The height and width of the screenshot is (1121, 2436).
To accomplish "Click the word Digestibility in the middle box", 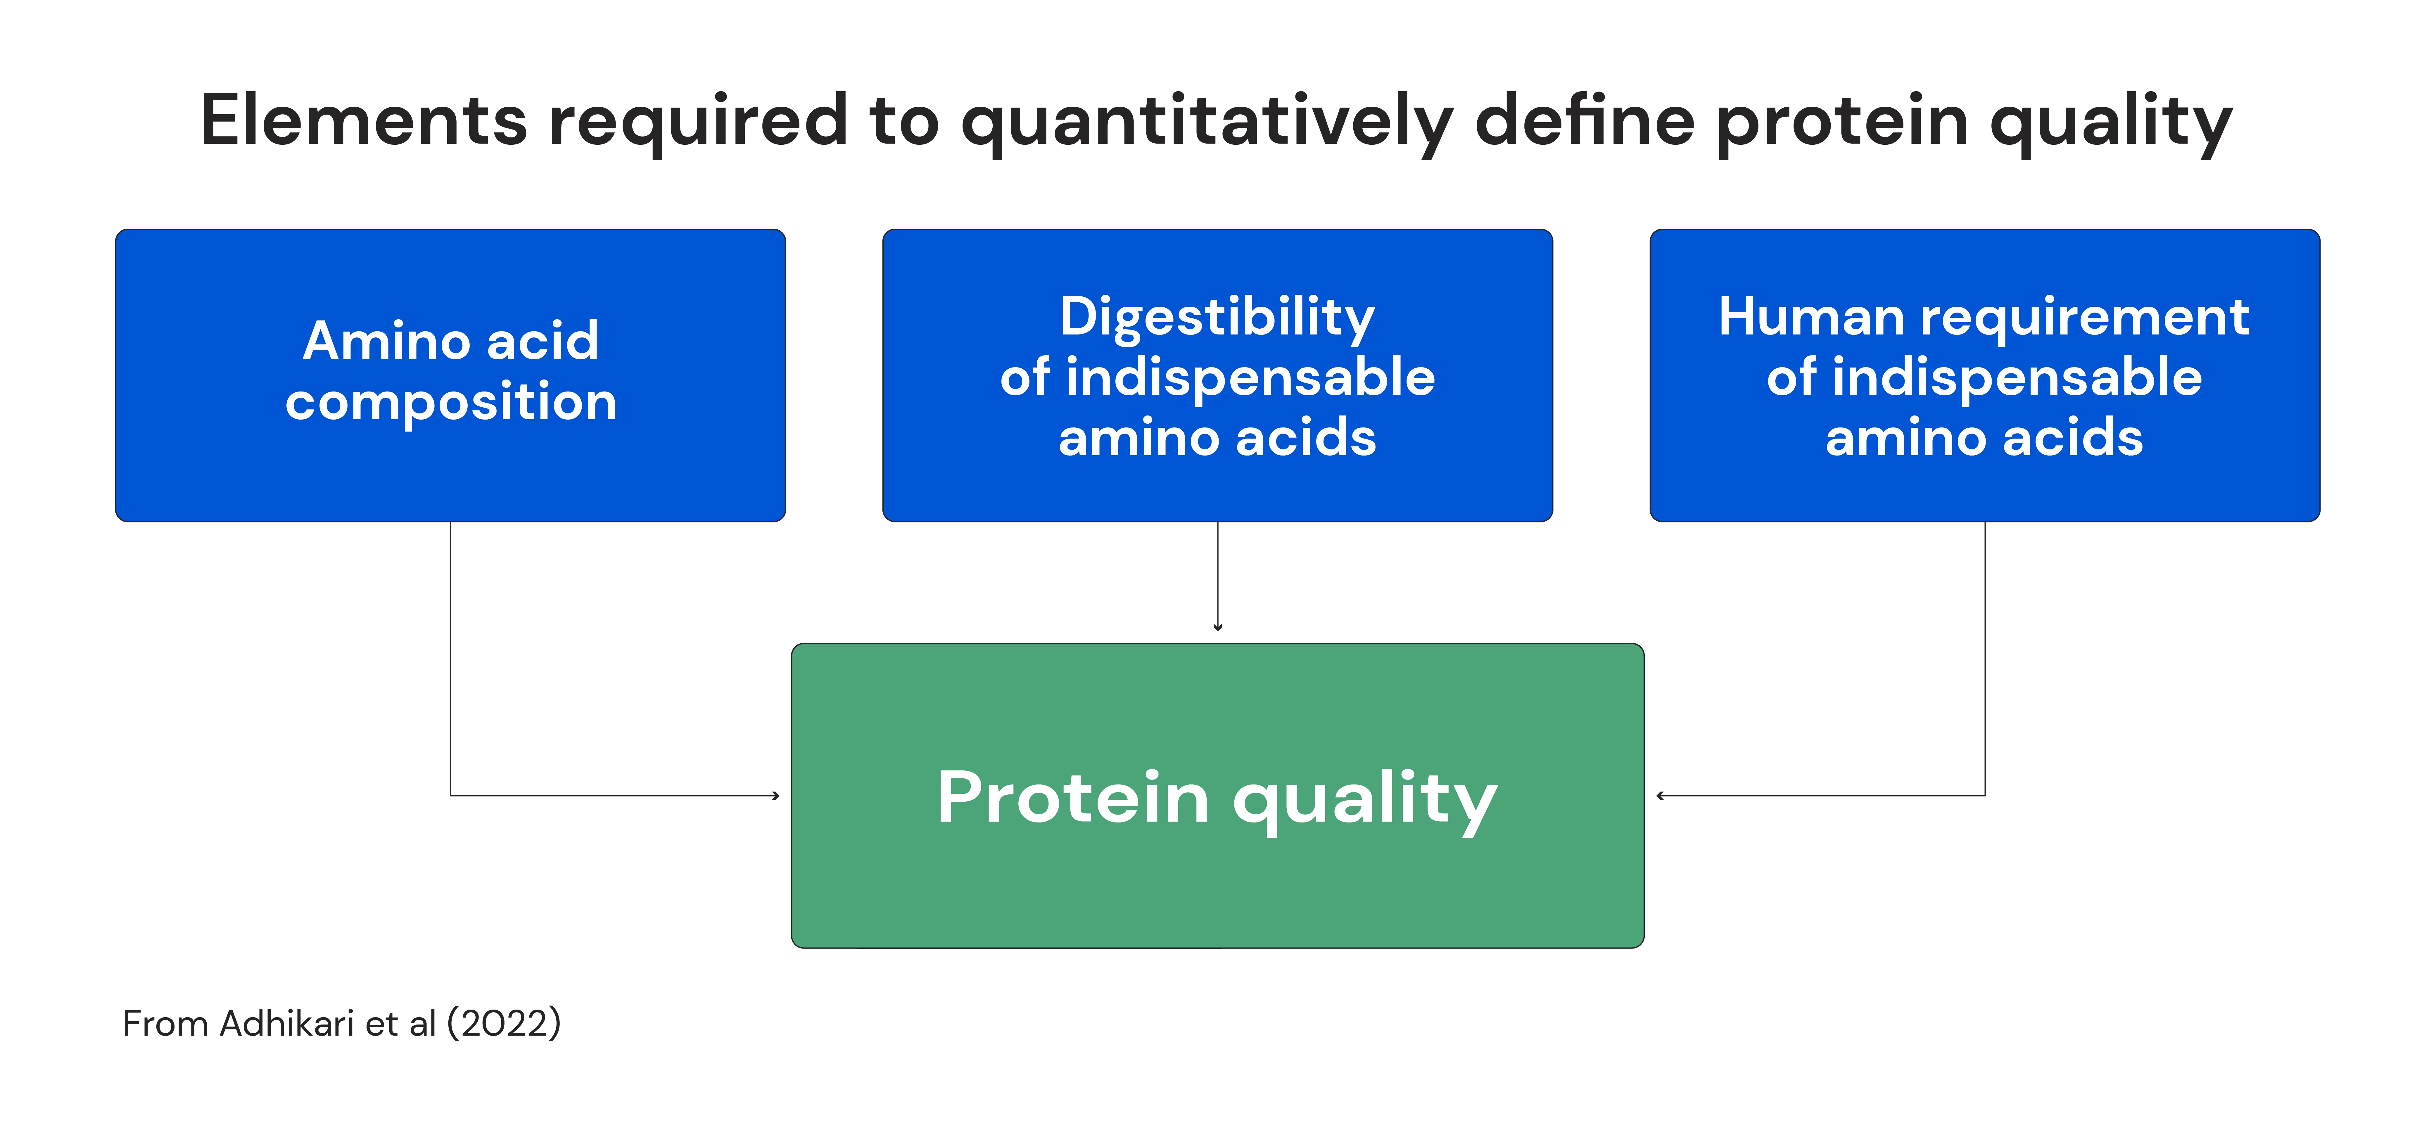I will point(1217,317).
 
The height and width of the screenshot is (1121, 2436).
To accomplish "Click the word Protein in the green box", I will point(1073,797).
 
